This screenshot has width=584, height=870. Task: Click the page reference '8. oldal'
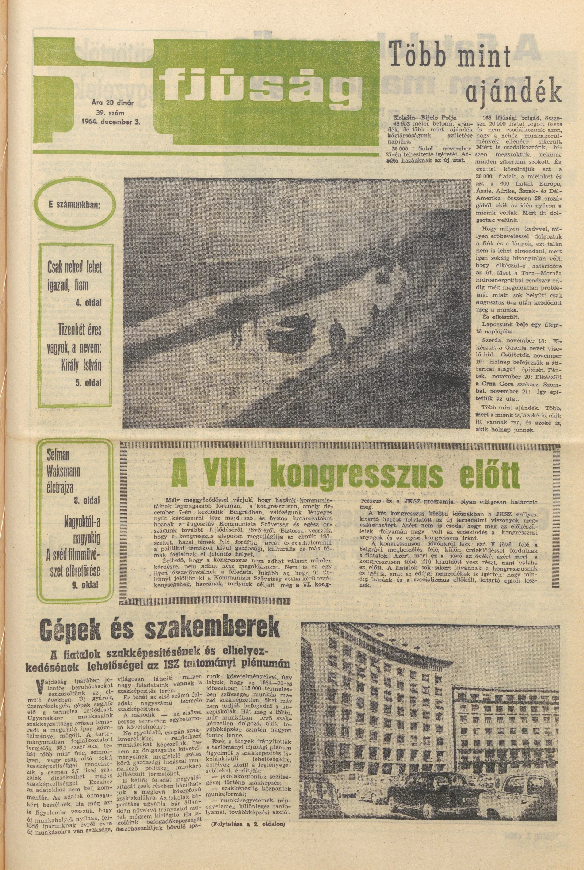pyautogui.click(x=87, y=500)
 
